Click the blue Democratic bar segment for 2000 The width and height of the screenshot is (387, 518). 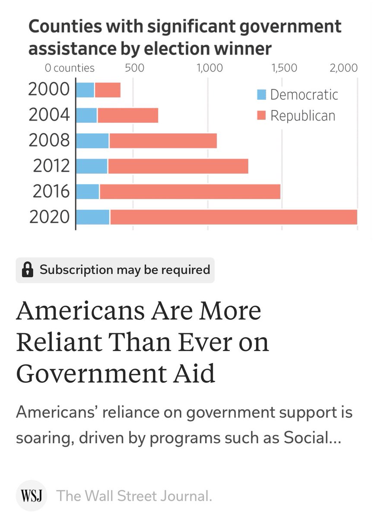point(85,90)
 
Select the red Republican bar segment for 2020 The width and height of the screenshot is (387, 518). point(233,217)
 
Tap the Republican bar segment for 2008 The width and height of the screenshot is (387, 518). point(163,141)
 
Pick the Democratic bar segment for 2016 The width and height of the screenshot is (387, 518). point(88,192)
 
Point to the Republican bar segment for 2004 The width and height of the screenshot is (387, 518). point(127,115)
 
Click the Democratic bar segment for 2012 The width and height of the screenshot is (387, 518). point(92,166)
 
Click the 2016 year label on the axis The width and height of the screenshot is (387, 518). point(51,191)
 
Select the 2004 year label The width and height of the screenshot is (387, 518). point(49,115)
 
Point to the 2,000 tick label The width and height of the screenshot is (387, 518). point(343,68)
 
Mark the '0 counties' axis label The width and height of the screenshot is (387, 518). point(70,68)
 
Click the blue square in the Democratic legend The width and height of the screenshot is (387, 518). point(261,95)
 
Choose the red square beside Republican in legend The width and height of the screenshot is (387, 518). point(261,116)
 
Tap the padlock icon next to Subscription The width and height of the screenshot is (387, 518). point(28,270)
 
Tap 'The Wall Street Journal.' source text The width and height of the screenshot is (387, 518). point(134,496)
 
